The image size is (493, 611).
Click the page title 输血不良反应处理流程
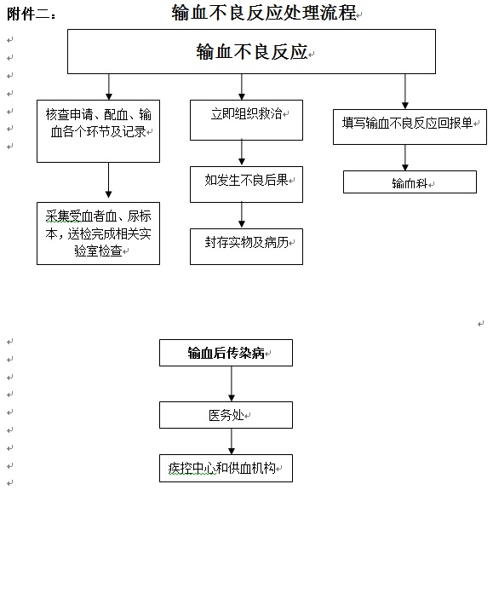click(x=264, y=13)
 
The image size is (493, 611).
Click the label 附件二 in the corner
click(x=27, y=14)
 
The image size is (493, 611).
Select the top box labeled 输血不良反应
click(x=251, y=51)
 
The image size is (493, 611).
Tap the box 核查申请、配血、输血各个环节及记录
click(x=98, y=131)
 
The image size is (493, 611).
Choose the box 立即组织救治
click(x=246, y=120)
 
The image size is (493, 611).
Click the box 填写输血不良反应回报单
click(x=410, y=127)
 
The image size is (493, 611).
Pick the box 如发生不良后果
click(x=246, y=184)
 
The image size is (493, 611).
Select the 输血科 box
click(x=410, y=182)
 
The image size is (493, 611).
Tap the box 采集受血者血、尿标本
click(x=98, y=233)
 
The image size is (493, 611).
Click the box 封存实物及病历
click(x=246, y=246)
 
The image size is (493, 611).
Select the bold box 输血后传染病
click(x=226, y=353)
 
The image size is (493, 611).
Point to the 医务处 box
click(x=226, y=415)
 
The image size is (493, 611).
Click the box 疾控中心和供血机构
click(x=226, y=468)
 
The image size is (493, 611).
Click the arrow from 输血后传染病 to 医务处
click(x=232, y=383)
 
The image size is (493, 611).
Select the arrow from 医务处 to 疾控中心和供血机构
click(x=232, y=441)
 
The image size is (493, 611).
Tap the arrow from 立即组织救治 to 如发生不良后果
click(x=242, y=152)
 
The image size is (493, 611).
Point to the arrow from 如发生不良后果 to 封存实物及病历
click(x=242, y=215)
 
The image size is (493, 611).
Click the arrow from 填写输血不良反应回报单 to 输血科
click(x=405, y=158)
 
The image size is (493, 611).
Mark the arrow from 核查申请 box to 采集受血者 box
click(x=108, y=180)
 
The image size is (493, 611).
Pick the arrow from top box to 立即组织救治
click(x=242, y=87)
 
